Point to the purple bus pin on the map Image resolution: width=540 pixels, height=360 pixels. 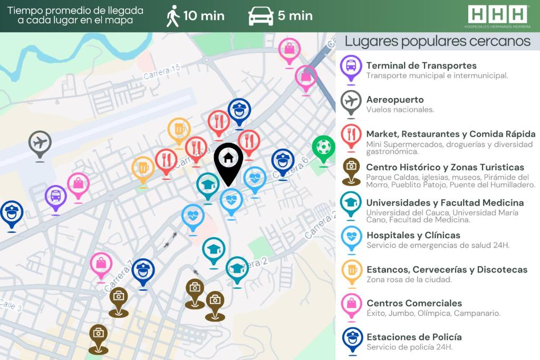pos(56,197)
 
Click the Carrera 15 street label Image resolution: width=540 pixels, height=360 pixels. pos(162,72)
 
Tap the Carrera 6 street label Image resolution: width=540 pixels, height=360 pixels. pos(291,167)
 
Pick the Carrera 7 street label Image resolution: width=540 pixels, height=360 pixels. pos(119,277)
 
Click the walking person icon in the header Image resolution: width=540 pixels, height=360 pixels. pos(172,16)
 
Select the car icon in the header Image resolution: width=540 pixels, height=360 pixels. pos(261,16)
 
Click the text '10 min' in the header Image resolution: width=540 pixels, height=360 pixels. pos(204,16)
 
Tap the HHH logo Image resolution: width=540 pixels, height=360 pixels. pos(497,14)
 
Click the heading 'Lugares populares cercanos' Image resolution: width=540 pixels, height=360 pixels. pos(437,41)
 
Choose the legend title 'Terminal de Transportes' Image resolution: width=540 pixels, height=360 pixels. pos(421,66)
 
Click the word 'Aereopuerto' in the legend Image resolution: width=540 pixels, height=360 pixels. pos(395,100)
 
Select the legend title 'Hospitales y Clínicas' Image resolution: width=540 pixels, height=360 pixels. pos(413,235)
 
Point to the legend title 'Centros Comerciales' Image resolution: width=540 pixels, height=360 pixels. pos(414,303)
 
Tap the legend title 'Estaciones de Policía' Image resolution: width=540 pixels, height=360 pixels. pos(414,337)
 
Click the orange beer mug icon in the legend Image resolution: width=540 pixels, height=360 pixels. pos(351,270)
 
